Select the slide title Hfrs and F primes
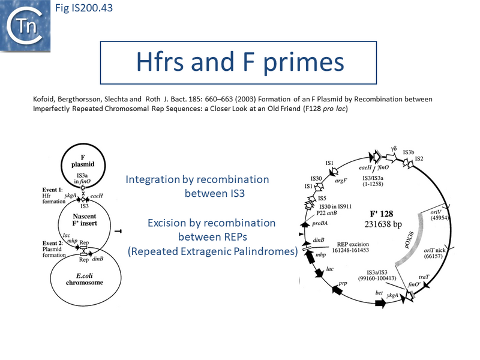pos(238,62)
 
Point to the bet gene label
pos(379,293)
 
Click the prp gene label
pos(343,283)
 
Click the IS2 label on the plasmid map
pos(420,158)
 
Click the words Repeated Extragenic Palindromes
pos(213,252)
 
